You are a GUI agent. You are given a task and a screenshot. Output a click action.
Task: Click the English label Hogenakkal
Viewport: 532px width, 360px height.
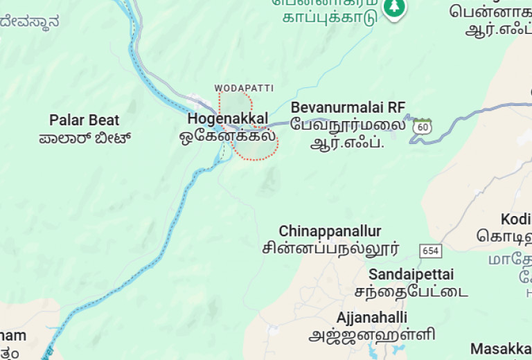pyautogui.click(x=227, y=119)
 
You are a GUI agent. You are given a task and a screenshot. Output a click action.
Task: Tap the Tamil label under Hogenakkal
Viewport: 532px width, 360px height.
pyautogui.click(x=227, y=136)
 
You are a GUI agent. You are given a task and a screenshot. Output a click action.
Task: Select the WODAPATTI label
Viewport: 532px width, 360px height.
pyautogui.click(x=244, y=88)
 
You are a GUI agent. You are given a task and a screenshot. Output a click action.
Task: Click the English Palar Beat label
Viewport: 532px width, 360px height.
pyautogui.click(x=85, y=120)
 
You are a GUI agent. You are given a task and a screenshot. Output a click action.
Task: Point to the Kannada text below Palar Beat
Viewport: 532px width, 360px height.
pyautogui.click(x=85, y=137)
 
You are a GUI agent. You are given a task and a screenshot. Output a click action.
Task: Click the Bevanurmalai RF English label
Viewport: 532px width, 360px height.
pyautogui.click(x=348, y=107)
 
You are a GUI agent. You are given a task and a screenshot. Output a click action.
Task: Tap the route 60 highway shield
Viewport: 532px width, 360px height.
pyautogui.click(x=422, y=127)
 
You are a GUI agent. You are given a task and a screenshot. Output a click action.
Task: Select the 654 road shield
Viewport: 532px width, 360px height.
pyautogui.click(x=430, y=250)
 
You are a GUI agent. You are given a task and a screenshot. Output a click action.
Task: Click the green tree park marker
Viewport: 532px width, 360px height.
pyautogui.click(x=395, y=8)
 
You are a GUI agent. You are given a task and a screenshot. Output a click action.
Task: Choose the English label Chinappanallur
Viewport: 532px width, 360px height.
pyautogui.click(x=330, y=231)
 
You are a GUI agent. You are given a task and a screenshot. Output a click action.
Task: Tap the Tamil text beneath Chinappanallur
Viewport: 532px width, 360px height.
pyautogui.click(x=330, y=248)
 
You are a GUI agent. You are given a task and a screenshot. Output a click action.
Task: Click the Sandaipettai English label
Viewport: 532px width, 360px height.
pyautogui.click(x=411, y=273)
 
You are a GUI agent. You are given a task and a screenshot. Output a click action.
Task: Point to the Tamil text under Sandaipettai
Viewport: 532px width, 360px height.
pyautogui.click(x=411, y=291)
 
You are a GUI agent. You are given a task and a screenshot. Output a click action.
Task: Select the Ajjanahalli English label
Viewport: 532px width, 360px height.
pyautogui.click(x=372, y=318)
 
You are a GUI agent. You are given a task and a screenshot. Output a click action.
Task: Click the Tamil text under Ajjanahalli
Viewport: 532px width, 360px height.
pyautogui.click(x=372, y=335)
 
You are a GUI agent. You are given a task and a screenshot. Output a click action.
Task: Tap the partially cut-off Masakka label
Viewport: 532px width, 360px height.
pyautogui.click(x=501, y=348)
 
